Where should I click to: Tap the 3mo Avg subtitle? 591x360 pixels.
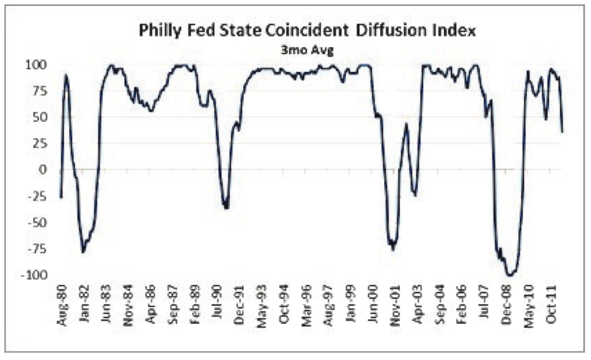point(307,50)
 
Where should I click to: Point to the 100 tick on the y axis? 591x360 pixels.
point(36,65)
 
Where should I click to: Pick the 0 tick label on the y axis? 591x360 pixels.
point(43,170)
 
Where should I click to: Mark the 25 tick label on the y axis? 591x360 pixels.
point(40,143)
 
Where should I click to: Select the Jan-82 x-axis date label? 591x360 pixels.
point(84,306)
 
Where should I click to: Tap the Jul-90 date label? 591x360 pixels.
point(217,306)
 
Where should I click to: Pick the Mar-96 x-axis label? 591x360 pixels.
point(306,306)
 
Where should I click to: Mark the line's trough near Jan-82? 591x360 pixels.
point(83,252)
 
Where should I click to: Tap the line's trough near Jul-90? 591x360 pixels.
point(226,208)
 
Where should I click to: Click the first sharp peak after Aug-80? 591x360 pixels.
point(66,75)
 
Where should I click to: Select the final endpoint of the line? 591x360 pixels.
point(562,131)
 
